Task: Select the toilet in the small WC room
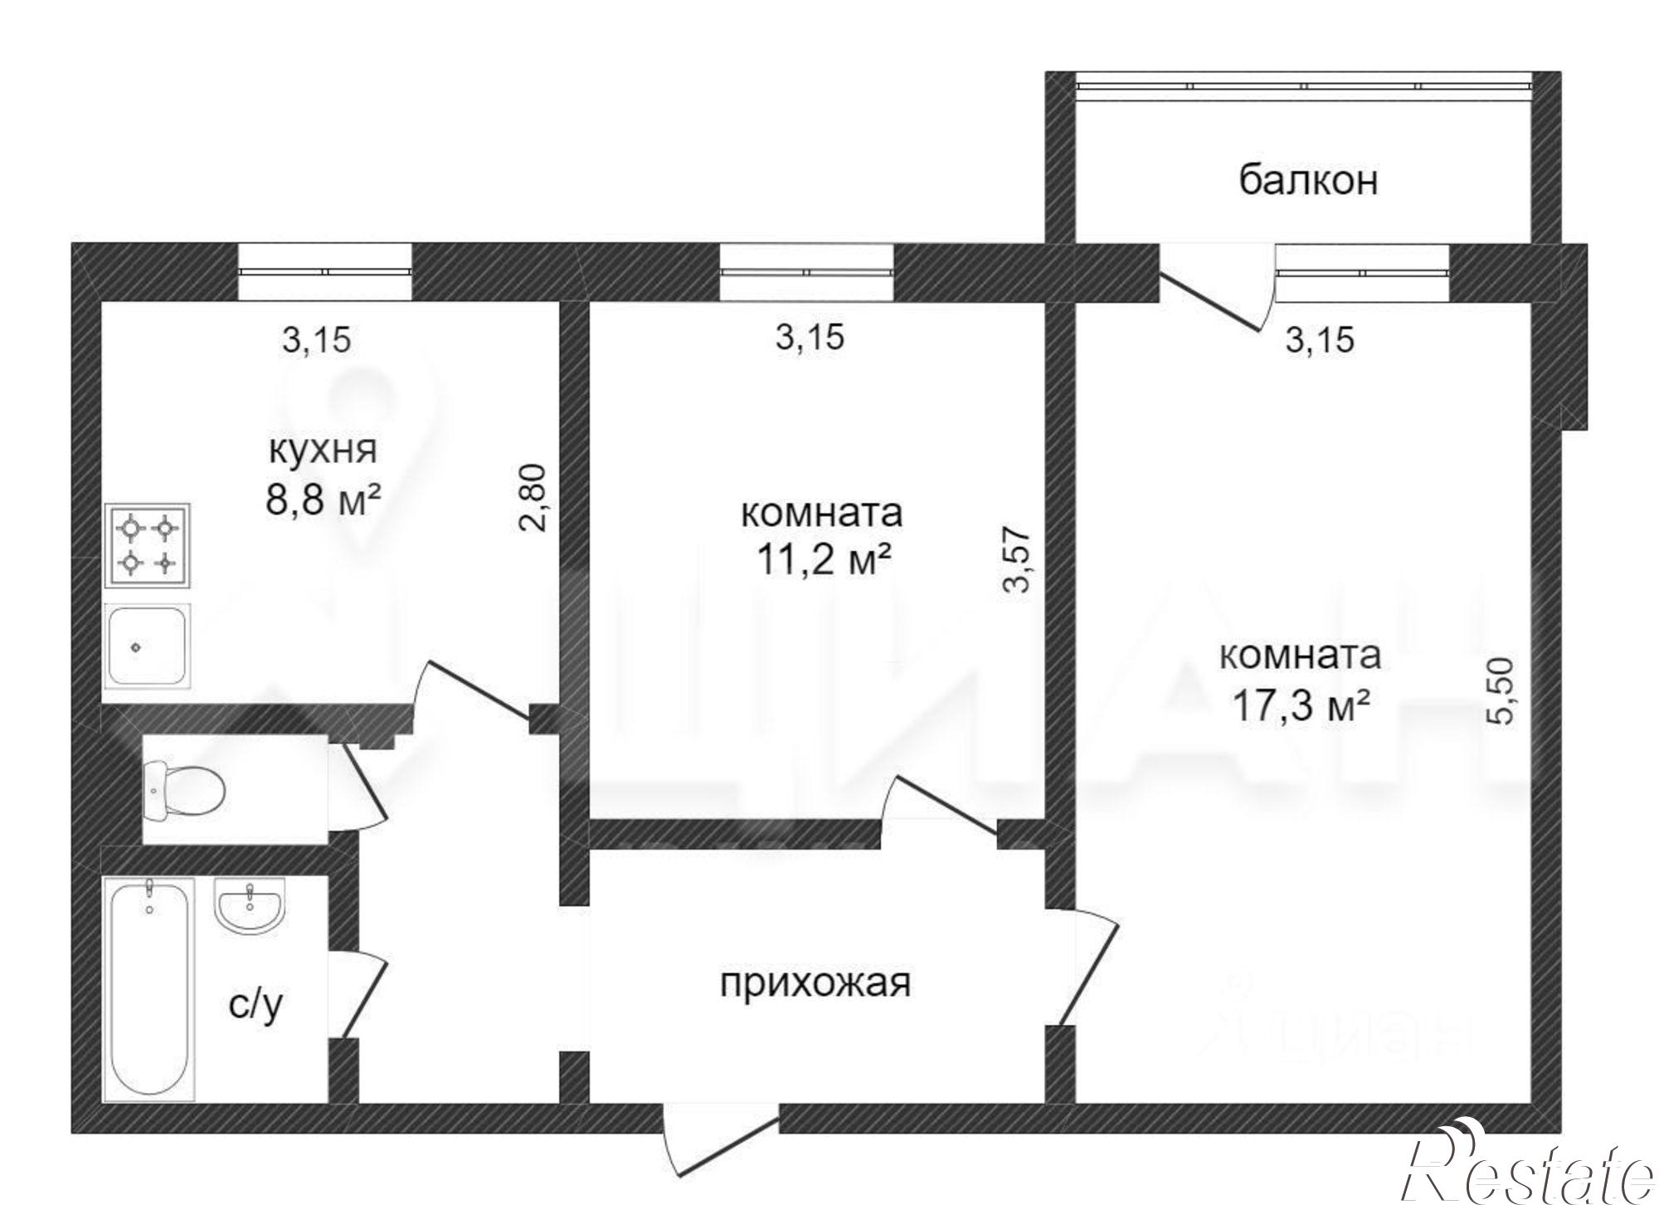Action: coord(183,789)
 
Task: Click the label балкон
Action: coord(1308,180)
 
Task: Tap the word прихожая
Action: coord(815,983)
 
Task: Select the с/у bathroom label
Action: coord(255,1005)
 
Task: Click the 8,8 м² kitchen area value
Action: coord(323,500)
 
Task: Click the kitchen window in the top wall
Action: coord(324,271)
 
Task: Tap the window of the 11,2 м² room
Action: coord(805,271)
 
